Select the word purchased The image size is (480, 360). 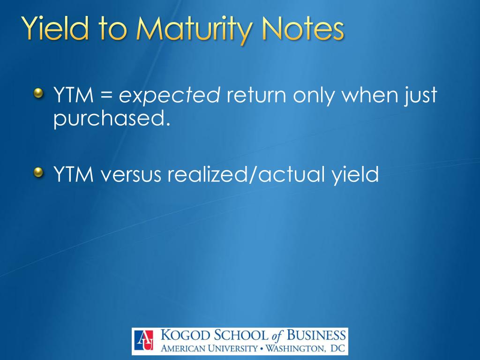tap(111, 119)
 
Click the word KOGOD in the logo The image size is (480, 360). tap(182, 336)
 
